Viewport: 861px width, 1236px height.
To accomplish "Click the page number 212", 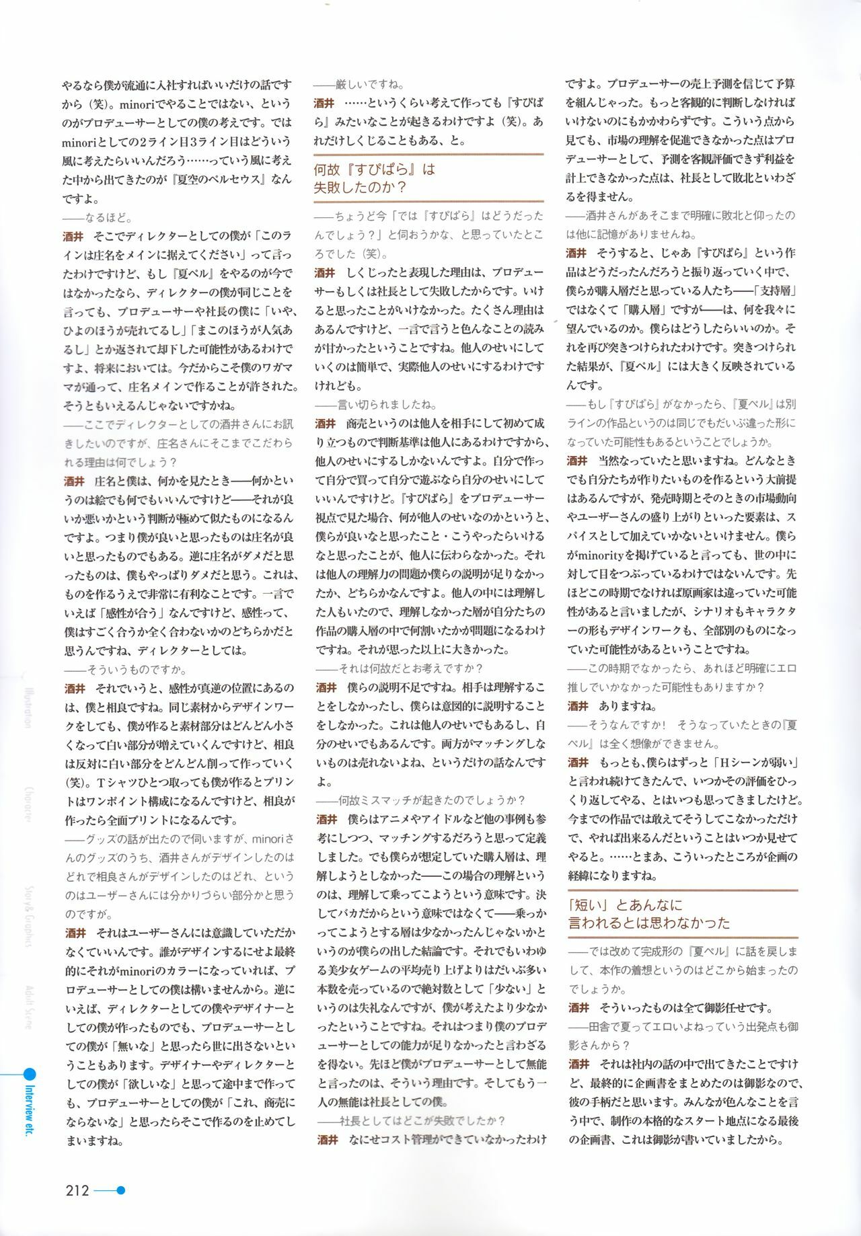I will click(x=77, y=1190).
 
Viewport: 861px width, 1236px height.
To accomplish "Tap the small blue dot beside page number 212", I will click(x=121, y=1190).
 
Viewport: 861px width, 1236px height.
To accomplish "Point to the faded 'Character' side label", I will click(x=29, y=804).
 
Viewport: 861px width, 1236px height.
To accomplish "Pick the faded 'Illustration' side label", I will click(x=29, y=706).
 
